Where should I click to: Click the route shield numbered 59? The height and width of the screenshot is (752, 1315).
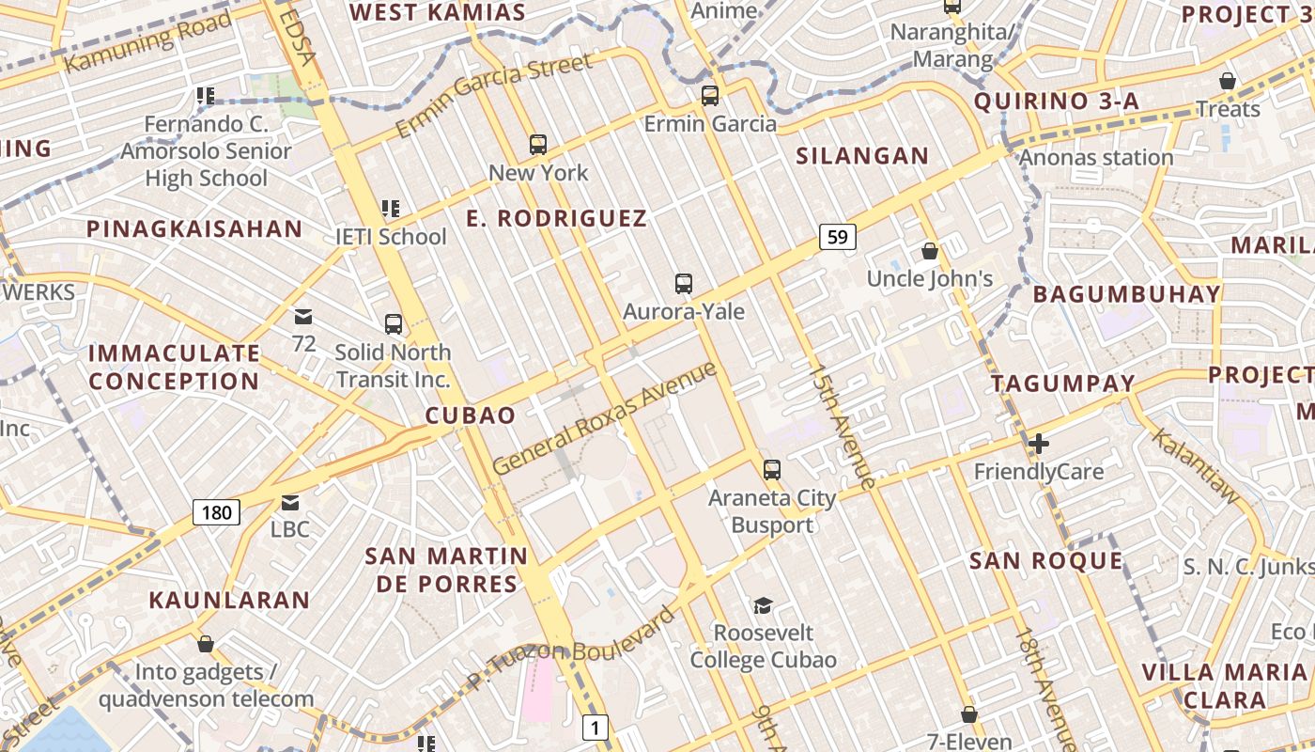pyautogui.click(x=838, y=237)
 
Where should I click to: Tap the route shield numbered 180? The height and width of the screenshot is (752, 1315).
pyautogui.click(x=217, y=512)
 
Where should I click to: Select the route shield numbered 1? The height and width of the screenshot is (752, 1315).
pyautogui.click(x=596, y=727)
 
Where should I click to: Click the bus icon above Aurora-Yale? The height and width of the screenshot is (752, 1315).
pyautogui.click(x=684, y=284)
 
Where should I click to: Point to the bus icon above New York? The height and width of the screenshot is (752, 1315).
pyautogui.click(x=538, y=145)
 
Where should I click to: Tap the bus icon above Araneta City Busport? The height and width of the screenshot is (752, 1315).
pyautogui.click(x=772, y=469)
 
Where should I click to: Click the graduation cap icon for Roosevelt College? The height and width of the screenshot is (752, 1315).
pyautogui.click(x=763, y=605)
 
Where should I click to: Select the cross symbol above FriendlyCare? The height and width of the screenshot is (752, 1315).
pyautogui.click(x=1039, y=444)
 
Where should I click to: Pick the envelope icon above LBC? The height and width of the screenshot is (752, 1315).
pyautogui.click(x=290, y=503)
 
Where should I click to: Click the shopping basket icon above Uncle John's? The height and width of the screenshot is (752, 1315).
pyautogui.click(x=930, y=251)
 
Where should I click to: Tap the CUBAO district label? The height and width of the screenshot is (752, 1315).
pyautogui.click(x=471, y=415)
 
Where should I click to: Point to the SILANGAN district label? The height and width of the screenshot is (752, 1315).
pyautogui.click(x=862, y=156)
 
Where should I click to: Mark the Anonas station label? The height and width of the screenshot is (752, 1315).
pyautogui.click(x=1096, y=157)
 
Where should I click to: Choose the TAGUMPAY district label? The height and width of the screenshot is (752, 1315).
pyautogui.click(x=1063, y=384)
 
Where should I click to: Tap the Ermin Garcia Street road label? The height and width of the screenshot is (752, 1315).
pyautogui.click(x=495, y=94)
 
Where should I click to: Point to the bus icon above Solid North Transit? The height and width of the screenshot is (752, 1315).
pyautogui.click(x=394, y=324)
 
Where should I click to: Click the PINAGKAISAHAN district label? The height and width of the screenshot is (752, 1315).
pyautogui.click(x=194, y=228)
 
